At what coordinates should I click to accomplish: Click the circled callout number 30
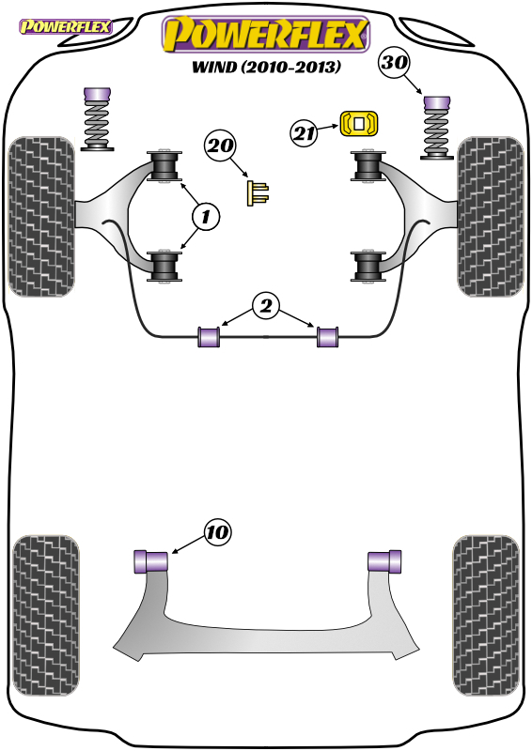click(x=395, y=63)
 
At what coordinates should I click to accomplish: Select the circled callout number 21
click(x=305, y=132)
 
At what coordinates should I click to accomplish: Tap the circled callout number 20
click(x=220, y=146)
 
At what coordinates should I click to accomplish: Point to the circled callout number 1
click(x=206, y=217)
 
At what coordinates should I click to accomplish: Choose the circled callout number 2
click(x=266, y=306)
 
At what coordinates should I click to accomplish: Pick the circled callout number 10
click(x=217, y=532)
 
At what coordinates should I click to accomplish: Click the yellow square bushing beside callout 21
click(x=359, y=124)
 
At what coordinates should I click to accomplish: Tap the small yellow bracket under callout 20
click(x=258, y=193)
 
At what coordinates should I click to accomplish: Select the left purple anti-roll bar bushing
click(x=209, y=336)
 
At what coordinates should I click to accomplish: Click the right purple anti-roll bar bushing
click(x=328, y=336)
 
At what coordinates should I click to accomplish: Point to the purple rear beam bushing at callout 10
click(x=150, y=561)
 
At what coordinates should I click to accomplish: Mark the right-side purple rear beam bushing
click(x=384, y=561)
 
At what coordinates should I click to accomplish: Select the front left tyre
click(x=41, y=217)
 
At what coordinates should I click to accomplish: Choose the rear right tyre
click(x=486, y=616)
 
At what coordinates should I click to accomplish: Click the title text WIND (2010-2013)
click(x=266, y=66)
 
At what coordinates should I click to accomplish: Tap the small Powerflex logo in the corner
click(x=65, y=27)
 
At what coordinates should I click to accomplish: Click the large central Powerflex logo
click(x=266, y=35)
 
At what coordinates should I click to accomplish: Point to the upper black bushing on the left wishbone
click(x=164, y=166)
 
